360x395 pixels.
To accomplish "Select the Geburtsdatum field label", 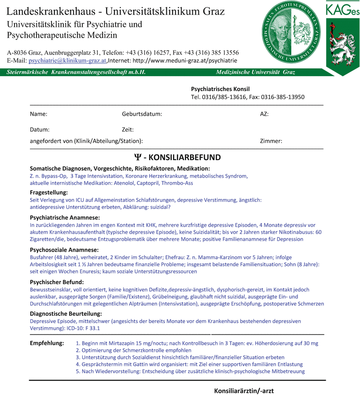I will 142,114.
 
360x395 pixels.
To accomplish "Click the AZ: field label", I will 264,114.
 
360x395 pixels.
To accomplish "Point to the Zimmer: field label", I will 271,141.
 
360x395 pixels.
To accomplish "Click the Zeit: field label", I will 128,130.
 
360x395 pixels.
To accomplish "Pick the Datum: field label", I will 40,130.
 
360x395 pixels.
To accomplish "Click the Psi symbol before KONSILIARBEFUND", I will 137,157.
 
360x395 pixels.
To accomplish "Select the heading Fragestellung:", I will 49,193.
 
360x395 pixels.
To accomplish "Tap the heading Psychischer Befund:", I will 57,282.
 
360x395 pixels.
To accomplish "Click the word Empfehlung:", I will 47,343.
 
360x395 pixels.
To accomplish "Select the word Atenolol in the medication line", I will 125,183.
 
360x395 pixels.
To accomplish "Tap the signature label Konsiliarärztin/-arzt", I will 244,391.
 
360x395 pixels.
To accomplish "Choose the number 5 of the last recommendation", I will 77,371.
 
